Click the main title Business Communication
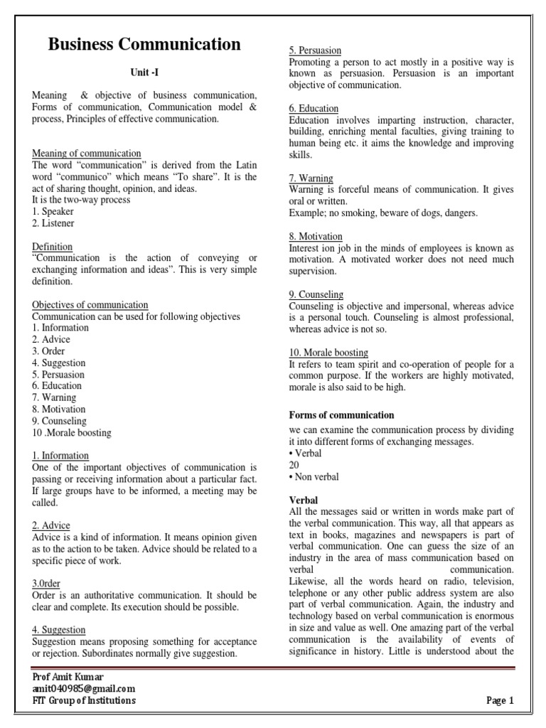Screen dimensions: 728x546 pos(144,45)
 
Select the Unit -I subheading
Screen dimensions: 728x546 pos(144,73)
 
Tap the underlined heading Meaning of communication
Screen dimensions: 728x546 pos(87,154)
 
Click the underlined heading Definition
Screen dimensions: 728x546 pos(53,247)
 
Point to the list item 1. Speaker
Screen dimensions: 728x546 pos(53,212)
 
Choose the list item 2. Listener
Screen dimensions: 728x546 pos(53,223)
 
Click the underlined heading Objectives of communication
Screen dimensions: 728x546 pos(90,305)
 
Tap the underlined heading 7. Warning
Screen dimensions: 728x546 pos(311,178)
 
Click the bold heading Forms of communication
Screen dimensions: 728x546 pos(341,415)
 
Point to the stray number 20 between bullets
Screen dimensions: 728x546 pos(294,465)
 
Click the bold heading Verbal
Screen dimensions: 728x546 pos(304,500)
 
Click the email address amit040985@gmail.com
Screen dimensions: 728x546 pos(83,689)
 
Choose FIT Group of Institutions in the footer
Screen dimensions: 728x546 pos(84,701)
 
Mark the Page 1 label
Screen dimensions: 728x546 pos(500,701)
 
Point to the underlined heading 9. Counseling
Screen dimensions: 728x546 pos(316,294)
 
